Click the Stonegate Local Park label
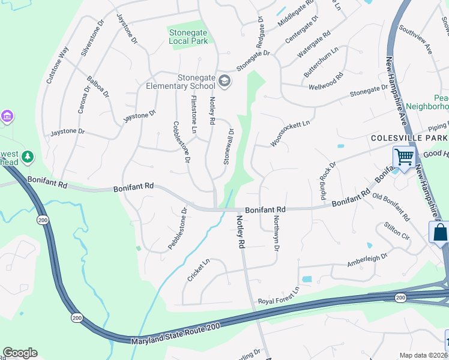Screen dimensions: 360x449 point(188,37)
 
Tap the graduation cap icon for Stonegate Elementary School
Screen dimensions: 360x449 point(224,81)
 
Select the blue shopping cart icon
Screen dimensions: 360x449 point(404,157)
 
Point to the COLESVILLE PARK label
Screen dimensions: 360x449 point(409,137)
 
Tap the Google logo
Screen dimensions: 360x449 point(20,353)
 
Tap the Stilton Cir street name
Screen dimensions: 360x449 point(396,233)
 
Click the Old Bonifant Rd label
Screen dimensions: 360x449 point(391,205)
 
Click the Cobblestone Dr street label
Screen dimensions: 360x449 point(181,143)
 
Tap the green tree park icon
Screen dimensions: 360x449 point(27,157)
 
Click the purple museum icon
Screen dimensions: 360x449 point(7,115)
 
